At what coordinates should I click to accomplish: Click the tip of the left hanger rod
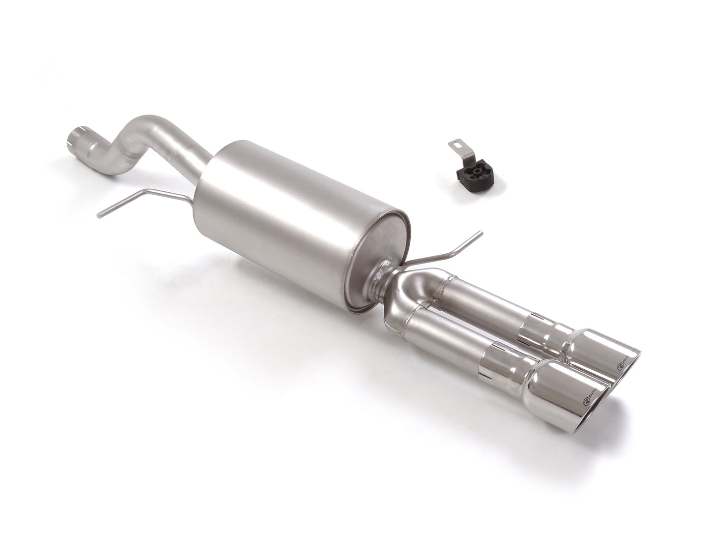point(100,213)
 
